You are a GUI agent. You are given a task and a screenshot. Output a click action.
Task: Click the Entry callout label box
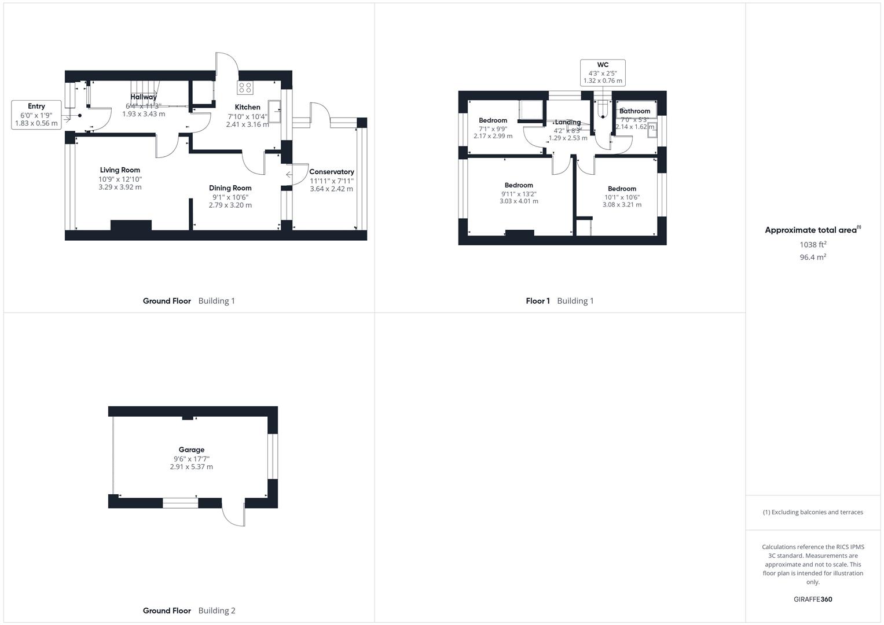pyautogui.click(x=36, y=115)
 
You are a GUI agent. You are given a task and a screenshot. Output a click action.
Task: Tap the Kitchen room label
pyautogui.click(x=247, y=107)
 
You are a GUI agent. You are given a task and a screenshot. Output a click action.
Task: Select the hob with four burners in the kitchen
pyautogui.click(x=245, y=87)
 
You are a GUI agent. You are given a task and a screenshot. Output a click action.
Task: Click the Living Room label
pyautogui.click(x=120, y=170)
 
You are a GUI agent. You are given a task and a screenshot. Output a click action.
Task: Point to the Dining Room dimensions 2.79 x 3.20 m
pyautogui.click(x=230, y=205)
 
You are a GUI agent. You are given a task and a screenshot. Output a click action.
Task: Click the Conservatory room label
pyautogui.click(x=331, y=172)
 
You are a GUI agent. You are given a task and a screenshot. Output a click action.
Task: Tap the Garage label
pyautogui.click(x=191, y=450)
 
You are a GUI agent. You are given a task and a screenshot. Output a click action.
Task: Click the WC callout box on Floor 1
pyautogui.click(x=603, y=73)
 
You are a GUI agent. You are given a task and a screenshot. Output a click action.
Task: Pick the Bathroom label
pyautogui.click(x=634, y=111)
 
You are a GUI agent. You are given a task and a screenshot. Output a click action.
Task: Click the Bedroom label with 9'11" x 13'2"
pyautogui.click(x=519, y=185)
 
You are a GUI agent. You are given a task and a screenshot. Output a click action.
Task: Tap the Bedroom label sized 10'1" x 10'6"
pyautogui.click(x=622, y=189)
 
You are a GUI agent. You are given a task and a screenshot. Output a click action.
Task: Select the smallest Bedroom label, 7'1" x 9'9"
pyautogui.click(x=493, y=120)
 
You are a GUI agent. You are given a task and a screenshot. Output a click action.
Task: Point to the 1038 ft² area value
pyautogui.click(x=812, y=245)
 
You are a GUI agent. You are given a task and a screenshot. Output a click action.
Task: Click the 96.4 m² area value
pyautogui.click(x=812, y=258)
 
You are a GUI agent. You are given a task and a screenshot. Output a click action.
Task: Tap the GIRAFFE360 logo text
pyautogui.click(x=812, y=599)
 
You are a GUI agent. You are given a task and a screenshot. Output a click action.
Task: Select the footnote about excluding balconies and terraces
pyautogui.click(x=812, y=512)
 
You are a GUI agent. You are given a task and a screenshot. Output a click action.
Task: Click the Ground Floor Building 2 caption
pyautogui.click(x=189, y=611)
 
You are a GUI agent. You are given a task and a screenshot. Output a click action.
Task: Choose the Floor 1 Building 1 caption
pyautogui.click(x=559, y=301)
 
